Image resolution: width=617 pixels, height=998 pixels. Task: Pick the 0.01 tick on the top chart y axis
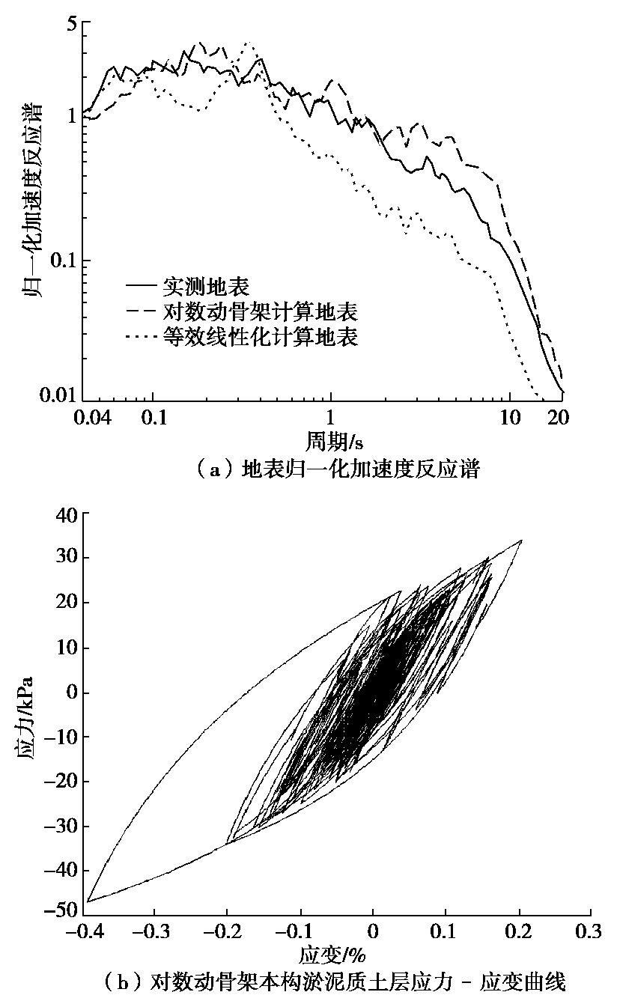(61, 395)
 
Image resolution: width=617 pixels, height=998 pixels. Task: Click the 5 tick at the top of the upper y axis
(73, 25)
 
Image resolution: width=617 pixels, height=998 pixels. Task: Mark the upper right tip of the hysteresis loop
(521, 540)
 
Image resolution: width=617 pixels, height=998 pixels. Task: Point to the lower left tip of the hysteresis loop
(88, 901)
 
